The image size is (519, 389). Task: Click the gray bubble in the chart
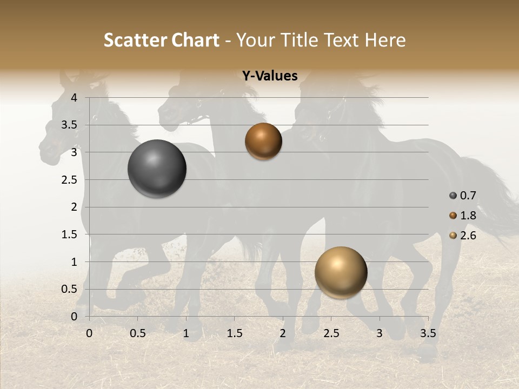(157, 169)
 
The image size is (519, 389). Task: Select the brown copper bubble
(263, 142)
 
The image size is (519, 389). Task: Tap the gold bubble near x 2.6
(341, 272)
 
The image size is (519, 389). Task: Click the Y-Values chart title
(270, 76)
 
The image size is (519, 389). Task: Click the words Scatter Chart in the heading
(161, 40)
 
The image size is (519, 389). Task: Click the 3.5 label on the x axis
(428, 333)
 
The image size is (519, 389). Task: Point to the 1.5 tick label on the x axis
(234, 333)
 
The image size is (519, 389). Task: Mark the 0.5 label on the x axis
(137, 333)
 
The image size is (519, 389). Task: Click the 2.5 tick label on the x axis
(331, 333)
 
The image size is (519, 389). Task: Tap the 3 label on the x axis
(380, 333)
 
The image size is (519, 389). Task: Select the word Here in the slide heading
(385, 40)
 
